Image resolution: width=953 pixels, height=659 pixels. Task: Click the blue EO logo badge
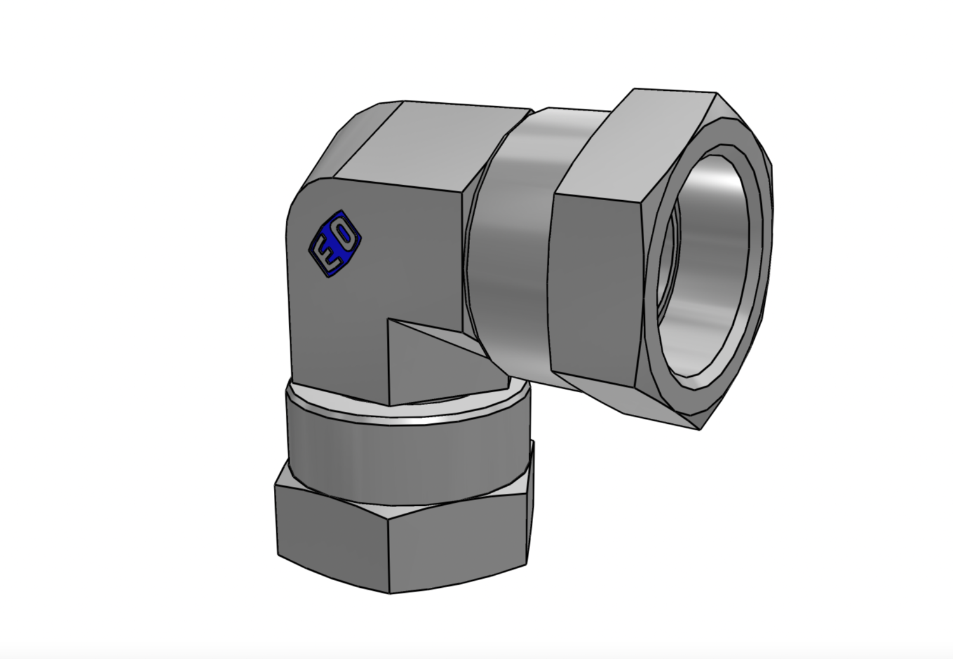(x=335, y=244)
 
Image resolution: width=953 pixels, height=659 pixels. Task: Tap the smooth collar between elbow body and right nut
(x=511, y=238)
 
